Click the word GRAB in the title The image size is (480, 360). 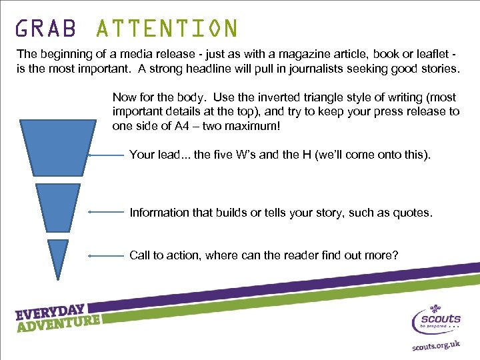pyautogui.click(x=46, y=29)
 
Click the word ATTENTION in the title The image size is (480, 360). pyautogui.click(x=167, y=29)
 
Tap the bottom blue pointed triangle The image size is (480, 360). pyautogui.click(x=59, y=253)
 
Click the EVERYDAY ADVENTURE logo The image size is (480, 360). pyautogui.click(x=59, y=318)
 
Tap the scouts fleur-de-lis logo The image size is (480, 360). pyautogui.click(x=437, y=318)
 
